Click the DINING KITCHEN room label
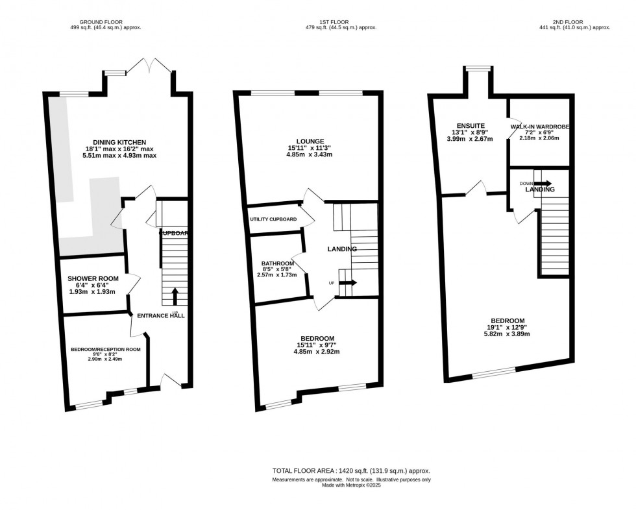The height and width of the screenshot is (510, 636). click(x=119, y=142)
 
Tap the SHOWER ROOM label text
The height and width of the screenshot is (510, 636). click(x=93, y=278)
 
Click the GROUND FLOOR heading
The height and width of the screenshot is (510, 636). click(x=106, y=21)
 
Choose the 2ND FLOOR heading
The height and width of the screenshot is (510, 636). click(x=567, y=21)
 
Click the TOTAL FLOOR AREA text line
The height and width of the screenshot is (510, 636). click(x=350, y=471)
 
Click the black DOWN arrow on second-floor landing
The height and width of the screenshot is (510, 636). click(x=543, y=184)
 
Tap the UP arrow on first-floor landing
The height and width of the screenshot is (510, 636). click(x=348, y=283)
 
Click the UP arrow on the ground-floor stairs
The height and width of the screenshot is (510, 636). click(x=175, y=296)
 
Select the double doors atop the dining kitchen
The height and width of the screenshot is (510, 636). click(x=149, y=65)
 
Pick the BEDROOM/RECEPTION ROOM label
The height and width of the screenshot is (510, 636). click(x=106, y=350)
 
